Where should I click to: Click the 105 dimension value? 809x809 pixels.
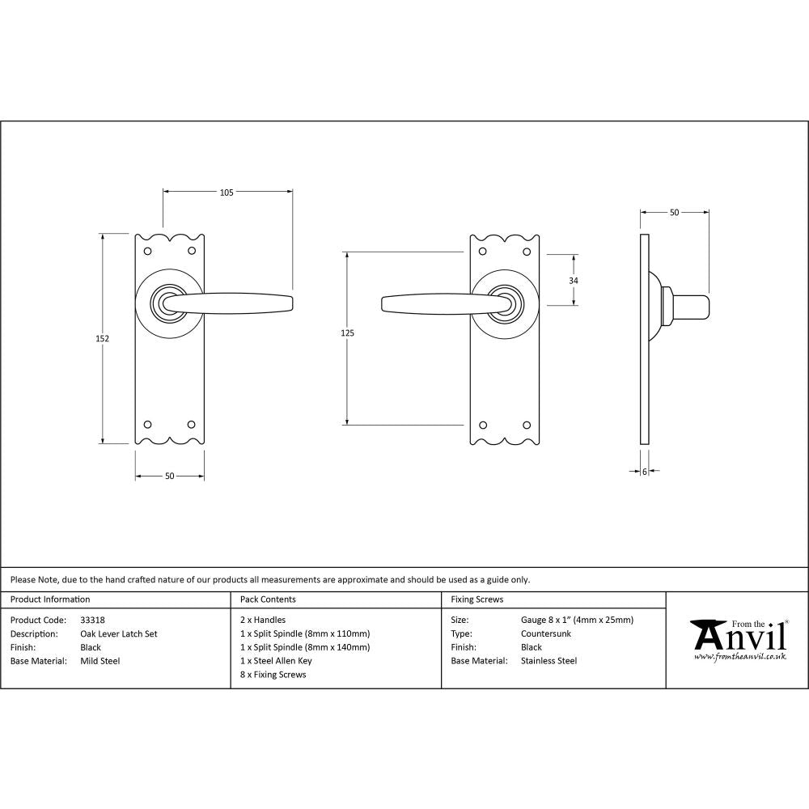click(227, 193)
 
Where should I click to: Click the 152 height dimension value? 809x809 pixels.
click(102, 338)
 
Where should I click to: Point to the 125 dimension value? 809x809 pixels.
click(348, 332)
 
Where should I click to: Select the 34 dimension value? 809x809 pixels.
click(574, 280)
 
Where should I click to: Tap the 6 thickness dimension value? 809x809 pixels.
click(645, 471)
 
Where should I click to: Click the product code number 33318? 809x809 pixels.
click(93, 620)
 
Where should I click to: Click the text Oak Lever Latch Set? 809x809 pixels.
click(119, 633)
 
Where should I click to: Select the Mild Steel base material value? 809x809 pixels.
click(100, 661)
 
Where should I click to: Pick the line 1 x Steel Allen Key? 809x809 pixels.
click(276, 661)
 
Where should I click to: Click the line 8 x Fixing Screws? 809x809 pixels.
click(273, 675)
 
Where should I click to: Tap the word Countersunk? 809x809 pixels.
click(546, 633)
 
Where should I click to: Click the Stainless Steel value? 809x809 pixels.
click(549, 661)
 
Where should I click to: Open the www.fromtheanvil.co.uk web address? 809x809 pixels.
click(740, 657)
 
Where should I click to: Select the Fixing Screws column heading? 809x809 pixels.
click(477, 599)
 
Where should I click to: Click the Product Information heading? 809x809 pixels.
click(50, 599)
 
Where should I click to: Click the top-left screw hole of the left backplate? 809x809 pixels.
click(147, 251)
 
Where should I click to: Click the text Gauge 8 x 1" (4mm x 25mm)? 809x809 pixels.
click(578, 620)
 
